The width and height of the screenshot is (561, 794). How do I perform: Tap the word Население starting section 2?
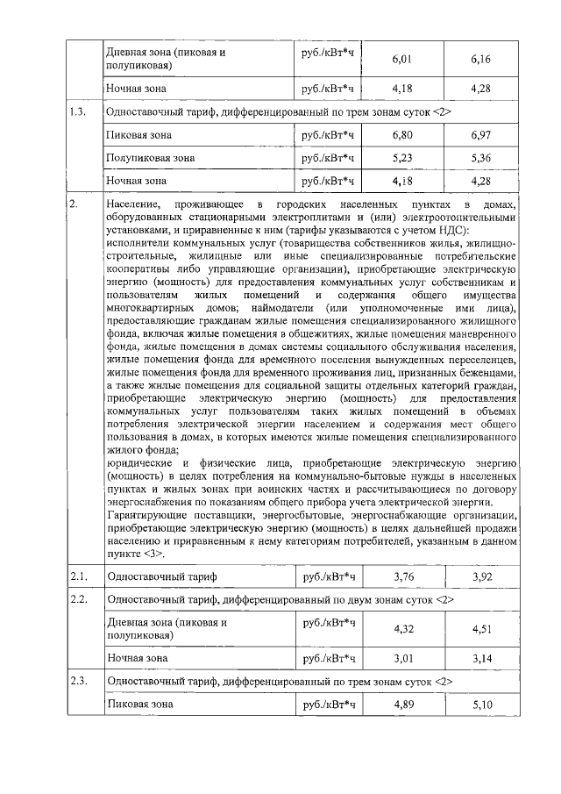coord(132,204)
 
